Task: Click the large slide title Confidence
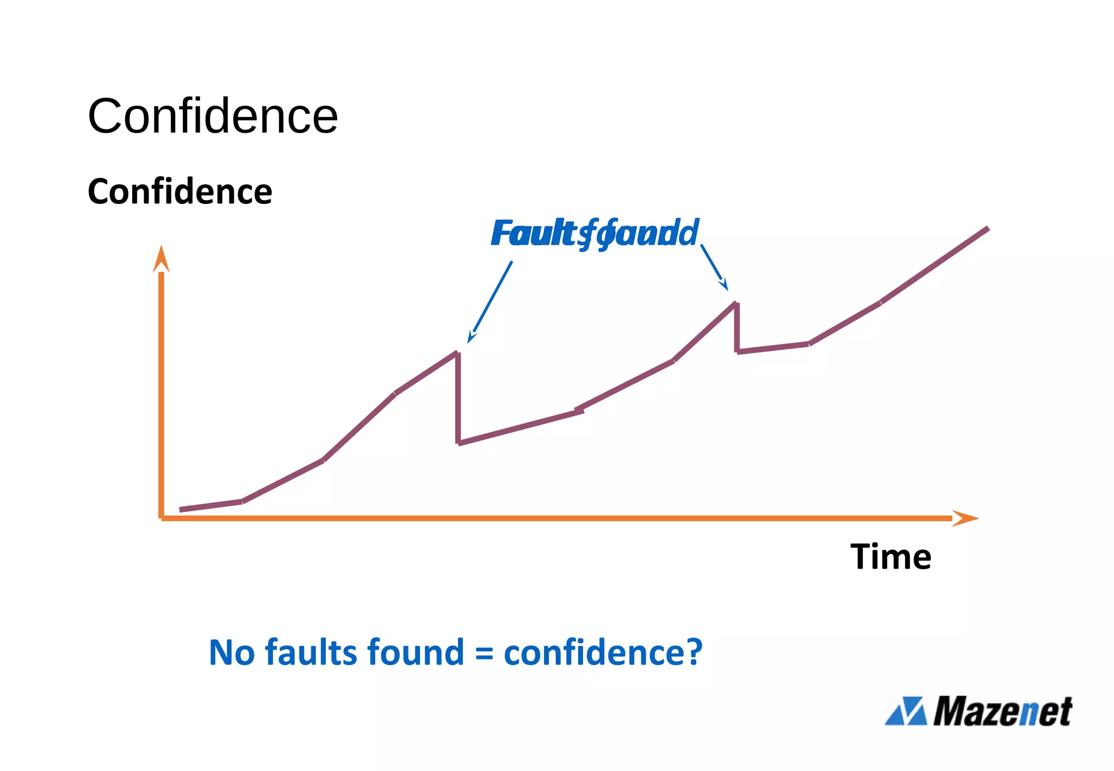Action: pos(213,116)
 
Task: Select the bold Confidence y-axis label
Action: pos(180,191)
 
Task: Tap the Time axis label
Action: pos(890,557)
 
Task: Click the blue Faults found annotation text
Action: pos(594,234)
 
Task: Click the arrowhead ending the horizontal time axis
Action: pos(965,518)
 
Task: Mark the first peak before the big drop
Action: pos(457,353)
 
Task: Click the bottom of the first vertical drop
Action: pos(459,443)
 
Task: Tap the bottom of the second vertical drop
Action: pos(737,352)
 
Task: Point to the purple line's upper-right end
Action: pos(987,229)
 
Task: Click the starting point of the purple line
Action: pos(181,509)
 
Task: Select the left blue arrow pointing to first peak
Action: pos(490,301)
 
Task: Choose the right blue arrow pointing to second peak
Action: pos(714,267)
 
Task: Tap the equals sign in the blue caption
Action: pos(484,654)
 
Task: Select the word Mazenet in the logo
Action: pos(1002,711)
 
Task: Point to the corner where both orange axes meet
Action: pos(162,518)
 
